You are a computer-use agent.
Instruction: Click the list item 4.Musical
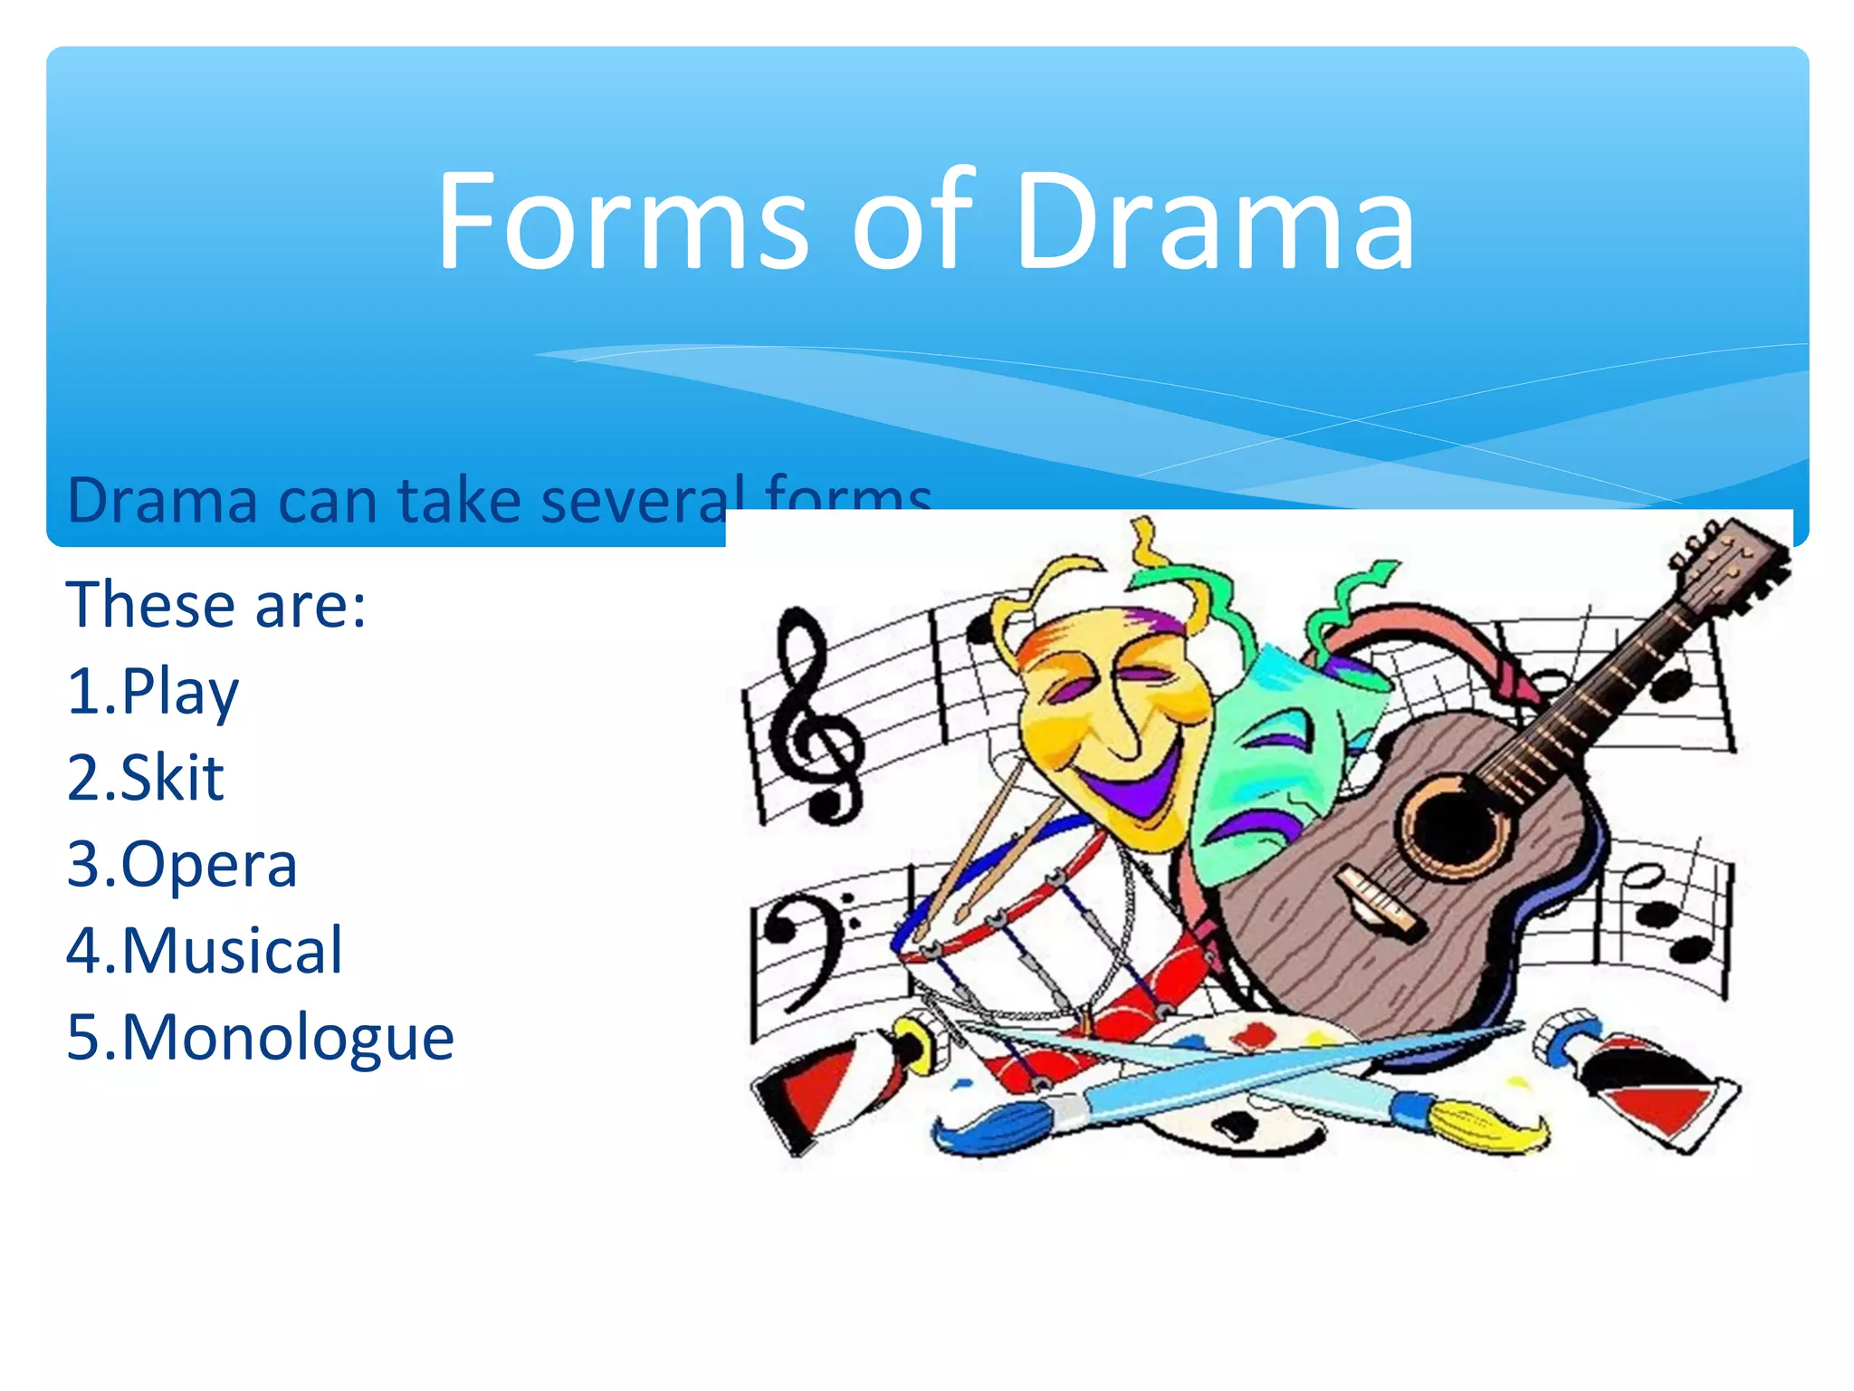(x=205, y=951)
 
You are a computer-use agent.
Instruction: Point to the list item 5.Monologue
(x=260, y=1038)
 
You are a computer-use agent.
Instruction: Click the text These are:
(x=215, y=605)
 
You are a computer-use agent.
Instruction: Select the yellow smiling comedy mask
(x=1109, y=715)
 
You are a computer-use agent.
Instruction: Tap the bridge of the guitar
(x=1381, y=901)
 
